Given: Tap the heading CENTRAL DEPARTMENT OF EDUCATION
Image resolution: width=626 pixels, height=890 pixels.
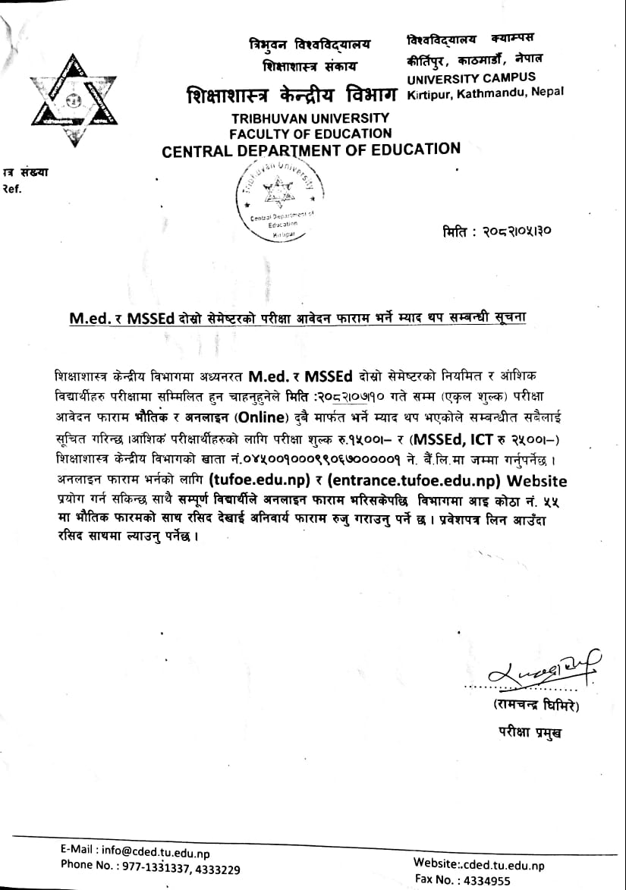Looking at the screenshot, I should [311, 149].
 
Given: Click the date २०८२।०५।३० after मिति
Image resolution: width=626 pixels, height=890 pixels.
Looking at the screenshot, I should [515, 231].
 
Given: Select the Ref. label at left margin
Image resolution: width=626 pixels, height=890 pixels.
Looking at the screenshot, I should [13, 190].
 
